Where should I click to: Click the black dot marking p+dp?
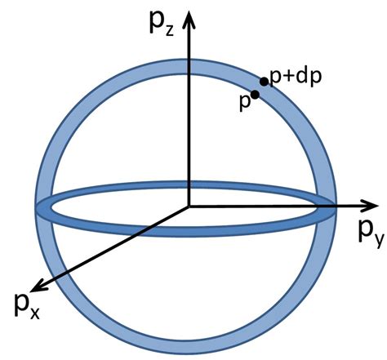[x=264, y=82]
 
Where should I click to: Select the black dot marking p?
[x=255, y=95]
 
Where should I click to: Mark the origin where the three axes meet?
[x=189, y=206]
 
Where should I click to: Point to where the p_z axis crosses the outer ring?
[x=189, y=62]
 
